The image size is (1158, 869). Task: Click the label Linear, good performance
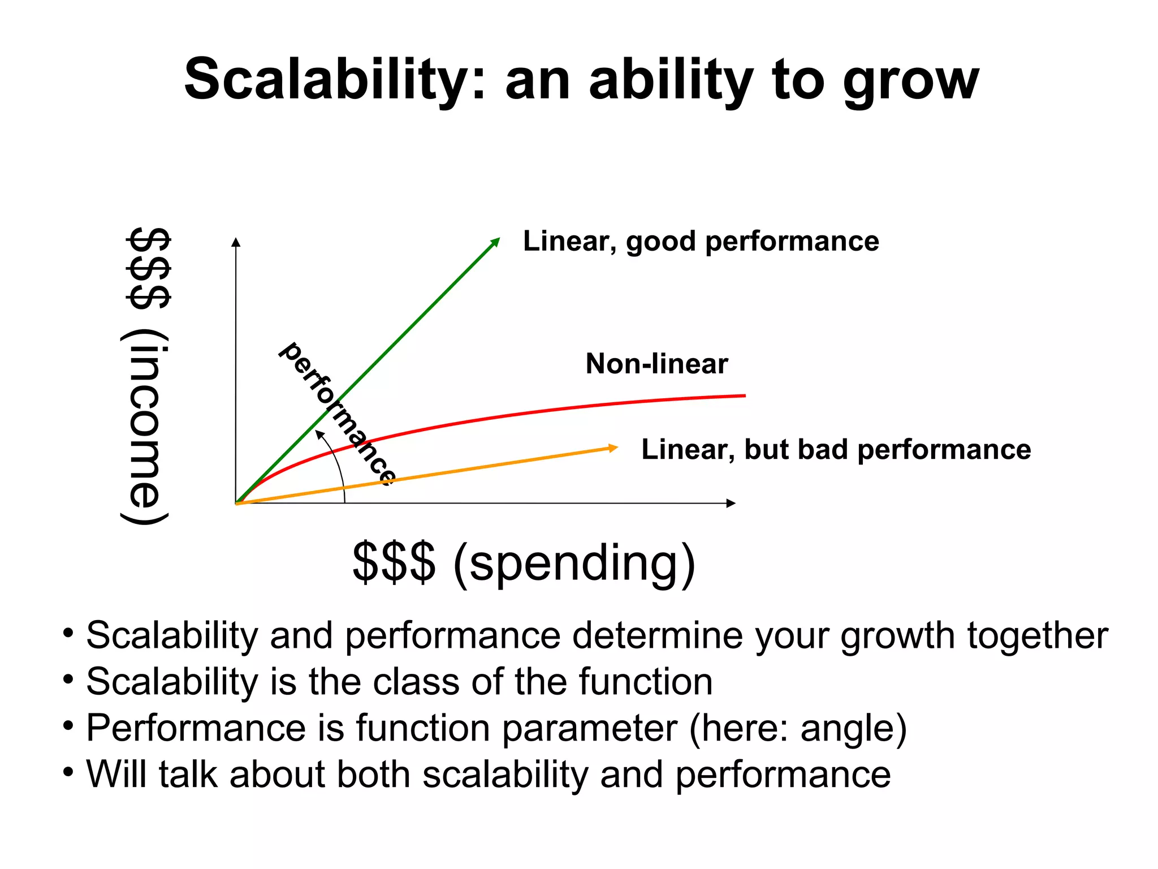pyautogui.click(x=701, y=242)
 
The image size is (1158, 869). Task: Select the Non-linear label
pyautogui.click(x=656, y=364)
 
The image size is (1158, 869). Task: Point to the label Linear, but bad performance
pyautogui.click(x=836, y=450)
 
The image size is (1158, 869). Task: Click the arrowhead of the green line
pyautogui.click(x=496, y=242)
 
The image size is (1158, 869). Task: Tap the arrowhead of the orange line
pyautogui.click(x=613, y=448)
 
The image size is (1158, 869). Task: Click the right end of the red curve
pyautogui.click(x=744, y=395)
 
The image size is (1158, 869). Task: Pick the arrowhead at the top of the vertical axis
pyautogui.click(x=236, y=242)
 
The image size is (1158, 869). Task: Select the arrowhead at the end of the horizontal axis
pyautogui.click(x=731, y=503)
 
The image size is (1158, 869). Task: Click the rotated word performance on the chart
pyautogui.click(x=338, y=413)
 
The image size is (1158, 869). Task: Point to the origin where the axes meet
pyautogui.click(x=236, y=503)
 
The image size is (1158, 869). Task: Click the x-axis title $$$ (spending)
pyautogui.click(x=524, y=562)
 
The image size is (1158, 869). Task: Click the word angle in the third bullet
pyautogui.click(x=846, y=728)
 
